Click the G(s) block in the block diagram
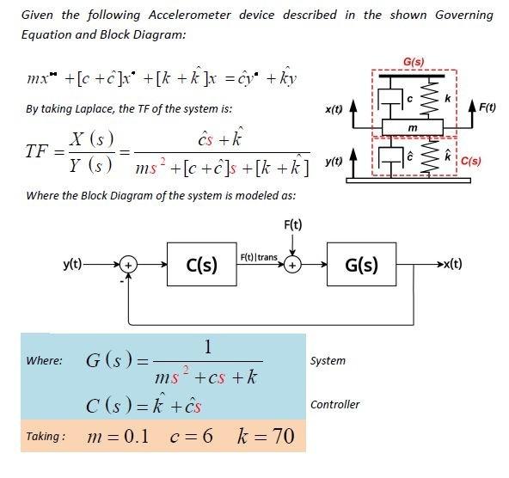[361, 265]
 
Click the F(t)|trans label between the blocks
[258, 257]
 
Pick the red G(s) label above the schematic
[414, 61]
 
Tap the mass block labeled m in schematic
[412, 127]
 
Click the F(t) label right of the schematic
[486, 107]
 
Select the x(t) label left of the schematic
[334, 109]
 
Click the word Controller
[334, 404]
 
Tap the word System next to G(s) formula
[328, 360]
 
